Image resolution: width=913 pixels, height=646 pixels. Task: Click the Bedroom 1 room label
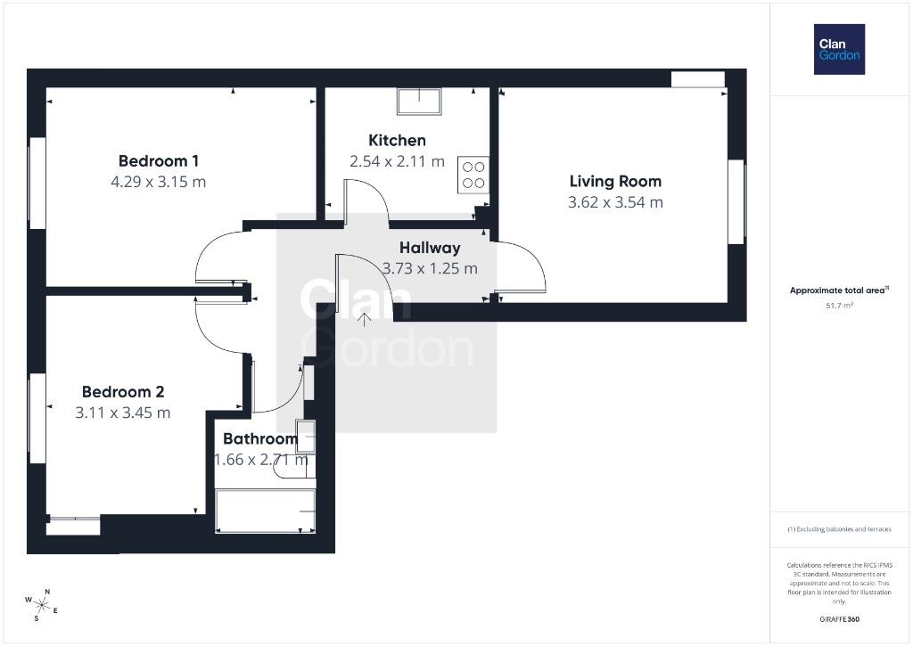point(159,160)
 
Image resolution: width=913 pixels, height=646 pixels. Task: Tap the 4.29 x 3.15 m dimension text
point(159,182)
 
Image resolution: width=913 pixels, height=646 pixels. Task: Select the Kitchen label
point(397,140)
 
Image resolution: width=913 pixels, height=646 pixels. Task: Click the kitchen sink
point(419,102)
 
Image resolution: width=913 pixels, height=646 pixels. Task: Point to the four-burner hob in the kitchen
point(473,175)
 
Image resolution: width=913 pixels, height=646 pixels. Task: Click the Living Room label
point(615,181)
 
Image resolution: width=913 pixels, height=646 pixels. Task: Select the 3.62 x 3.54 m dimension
point(615,202)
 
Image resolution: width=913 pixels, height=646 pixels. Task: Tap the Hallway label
point(430,248)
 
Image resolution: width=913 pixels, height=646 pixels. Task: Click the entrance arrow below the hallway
point(364,319)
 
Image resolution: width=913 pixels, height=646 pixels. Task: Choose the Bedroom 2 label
point(123,392)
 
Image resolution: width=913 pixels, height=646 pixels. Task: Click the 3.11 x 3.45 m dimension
point(123,413)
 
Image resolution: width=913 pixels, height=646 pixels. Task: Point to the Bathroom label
point(260,438)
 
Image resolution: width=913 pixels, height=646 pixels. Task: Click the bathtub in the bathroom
point(266,511)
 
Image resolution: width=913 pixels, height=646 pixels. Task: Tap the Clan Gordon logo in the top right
point(839,50)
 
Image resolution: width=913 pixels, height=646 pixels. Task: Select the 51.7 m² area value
point(839,305)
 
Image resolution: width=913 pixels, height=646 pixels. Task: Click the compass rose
point(41,605)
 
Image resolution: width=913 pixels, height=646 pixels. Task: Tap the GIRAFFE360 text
point(839,619)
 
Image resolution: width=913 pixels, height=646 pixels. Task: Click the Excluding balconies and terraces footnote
point(839,529)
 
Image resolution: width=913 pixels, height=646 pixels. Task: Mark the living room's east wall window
point(736,202)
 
